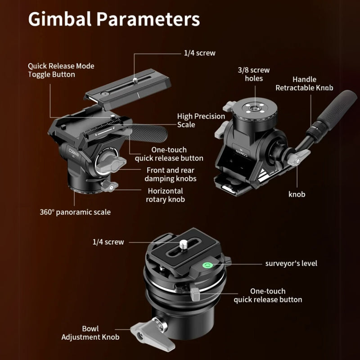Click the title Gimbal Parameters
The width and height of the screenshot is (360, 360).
click(x=114, y=19)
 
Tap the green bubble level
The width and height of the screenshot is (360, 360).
click(x=207, y=265)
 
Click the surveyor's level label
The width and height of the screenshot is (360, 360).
click(x=291, y=263)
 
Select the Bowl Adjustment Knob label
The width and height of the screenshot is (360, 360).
click(x=90, y=333)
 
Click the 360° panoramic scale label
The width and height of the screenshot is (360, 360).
click(x=75, y=212)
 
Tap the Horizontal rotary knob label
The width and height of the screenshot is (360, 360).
click(x=165, y=195)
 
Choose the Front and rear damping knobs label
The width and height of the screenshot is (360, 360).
click(x=171, y=174)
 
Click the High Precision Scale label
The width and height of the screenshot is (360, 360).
click(x=201, y=120)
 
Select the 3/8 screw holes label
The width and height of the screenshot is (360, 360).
click(x=254, y=74)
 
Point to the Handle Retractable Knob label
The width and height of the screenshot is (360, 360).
click(x=304, y=84)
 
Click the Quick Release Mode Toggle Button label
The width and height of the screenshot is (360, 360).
click(x=61, y=70)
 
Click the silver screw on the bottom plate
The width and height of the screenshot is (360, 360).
click(x=183, y=244)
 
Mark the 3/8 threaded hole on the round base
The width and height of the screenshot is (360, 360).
click(x=254, y=108)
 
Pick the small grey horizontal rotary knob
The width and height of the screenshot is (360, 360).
click(x=109, y=185)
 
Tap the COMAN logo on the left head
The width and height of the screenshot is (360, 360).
click(x=74, y=152)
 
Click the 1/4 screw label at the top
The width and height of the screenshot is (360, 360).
click(x=199, y=53)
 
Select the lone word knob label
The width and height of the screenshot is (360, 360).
click(x=297, y=194)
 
